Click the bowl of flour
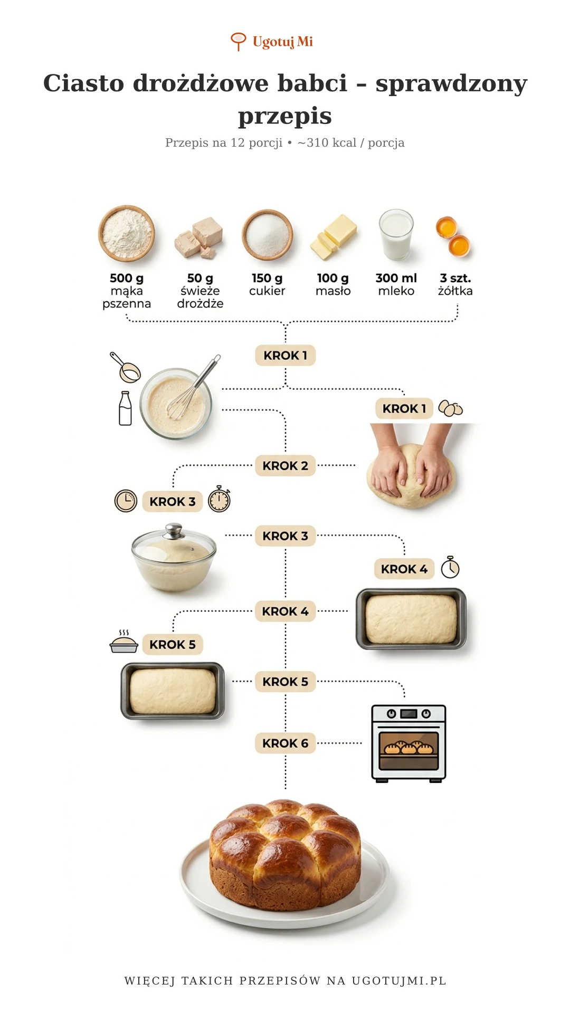click(x=127, y=233)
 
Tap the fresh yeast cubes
click(x=199, y=238)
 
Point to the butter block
click(x=334, y=237)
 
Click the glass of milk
click(x=396, y=235)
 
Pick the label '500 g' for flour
click(x=127, y=278)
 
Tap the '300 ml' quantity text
click(x=396, y=278)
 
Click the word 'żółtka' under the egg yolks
click(x=455, y=291)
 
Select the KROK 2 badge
click(x=286, y=466)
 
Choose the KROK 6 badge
click(x=286, y=743)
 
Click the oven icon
click(x=409, y=743)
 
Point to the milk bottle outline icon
click(x=125, y=408)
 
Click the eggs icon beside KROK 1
click(x=451, y=408)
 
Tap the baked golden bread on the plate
click(x=285, y=855)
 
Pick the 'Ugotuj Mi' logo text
click(x=283, y=42)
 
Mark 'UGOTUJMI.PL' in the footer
click(x=399, y=981)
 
